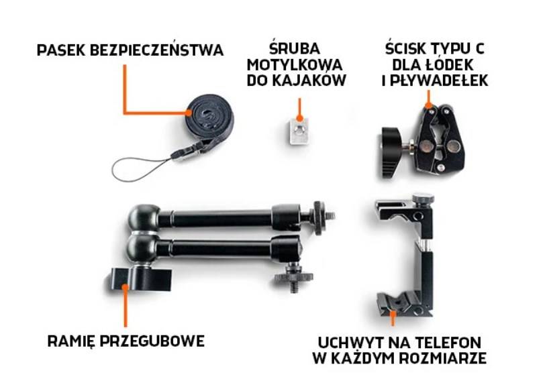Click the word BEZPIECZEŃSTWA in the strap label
click(x=156, y=50)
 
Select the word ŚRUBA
click(x=295, y=48)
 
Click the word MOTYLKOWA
click(x=295, y=65)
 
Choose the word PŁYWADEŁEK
click(x=439, y=81)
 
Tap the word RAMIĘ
click(x=71, y=341)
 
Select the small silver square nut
click(x=299, y=131)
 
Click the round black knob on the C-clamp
click(x=393, y=152)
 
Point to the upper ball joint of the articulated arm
click(x=144, y=217)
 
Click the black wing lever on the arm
click(x=141, y=279)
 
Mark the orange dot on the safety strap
click(x=189, y=113)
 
